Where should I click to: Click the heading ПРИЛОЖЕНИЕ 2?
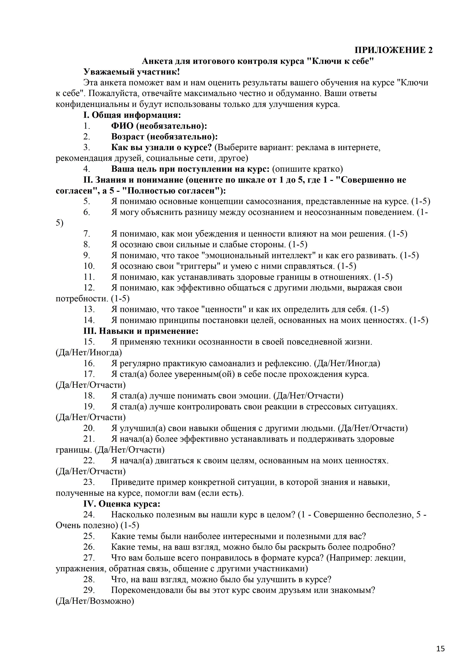pos(393,50)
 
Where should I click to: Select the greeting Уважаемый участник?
pos(132,72)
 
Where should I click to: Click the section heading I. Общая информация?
pos(132,115)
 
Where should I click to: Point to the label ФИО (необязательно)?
pos(159,126)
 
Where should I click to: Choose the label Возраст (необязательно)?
pos(164,137)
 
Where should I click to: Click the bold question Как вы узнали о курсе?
pos(161,147)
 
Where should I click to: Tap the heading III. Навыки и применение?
pos(141,331)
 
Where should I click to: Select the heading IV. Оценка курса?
pos(122,504)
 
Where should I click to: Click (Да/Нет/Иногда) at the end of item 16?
pos(347,363)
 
